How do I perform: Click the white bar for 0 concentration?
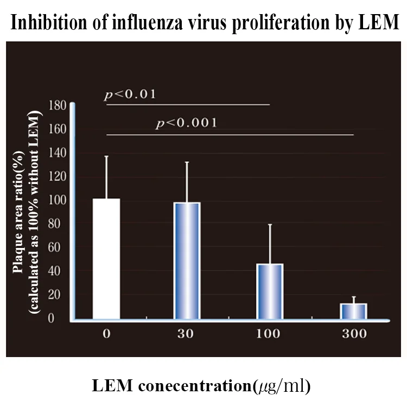click(106, 259)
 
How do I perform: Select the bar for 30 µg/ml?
click(187, 260)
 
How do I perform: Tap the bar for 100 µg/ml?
click(269, 291)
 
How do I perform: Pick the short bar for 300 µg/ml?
click(354, 311)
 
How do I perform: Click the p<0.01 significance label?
click(130, 95)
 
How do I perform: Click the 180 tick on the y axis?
click(58, 105)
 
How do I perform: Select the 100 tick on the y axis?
click(58, 200)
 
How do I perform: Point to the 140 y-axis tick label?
click(58, 152)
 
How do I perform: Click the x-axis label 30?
click(187, 333)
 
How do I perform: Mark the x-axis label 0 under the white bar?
click(106, 333)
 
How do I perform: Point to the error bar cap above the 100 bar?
click(269, 224)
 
